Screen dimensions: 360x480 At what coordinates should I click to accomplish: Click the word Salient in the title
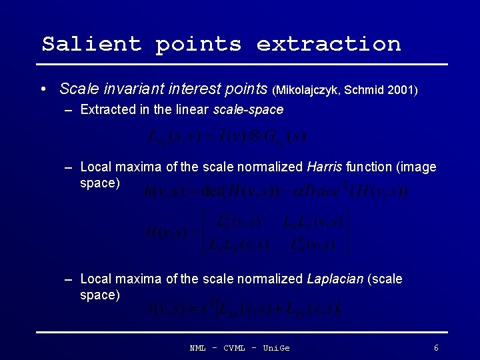(x=91, y=44)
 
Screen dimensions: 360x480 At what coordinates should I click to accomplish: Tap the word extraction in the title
(x=329, y=44)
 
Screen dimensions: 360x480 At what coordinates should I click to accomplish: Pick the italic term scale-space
(x=248, y=109)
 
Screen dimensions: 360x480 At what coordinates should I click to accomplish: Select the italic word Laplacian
(x=335, y=279)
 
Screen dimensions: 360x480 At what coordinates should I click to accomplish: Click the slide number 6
(x=436, y=348)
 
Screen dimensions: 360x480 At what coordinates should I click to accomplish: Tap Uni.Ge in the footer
(x=276, y=348)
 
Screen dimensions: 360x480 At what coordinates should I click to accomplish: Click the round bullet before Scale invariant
(x=43, y=89)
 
